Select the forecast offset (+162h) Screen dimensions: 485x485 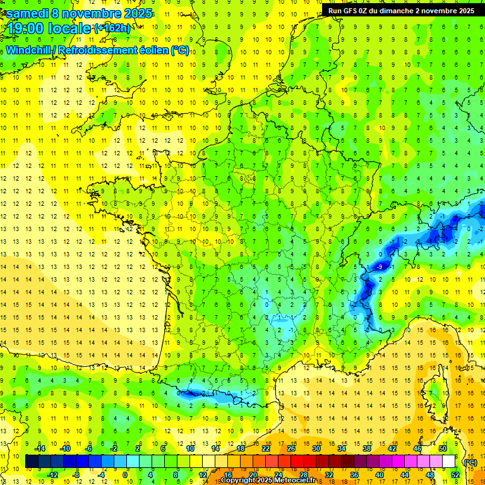pyautogui.click(x=112, y=28)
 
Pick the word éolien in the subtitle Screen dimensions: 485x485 pyautogui.click(x=155, y=50)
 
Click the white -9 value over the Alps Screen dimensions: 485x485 pyautogui.click(x=380, y=267)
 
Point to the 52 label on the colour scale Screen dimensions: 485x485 pyautogui.click(x=455, y=474)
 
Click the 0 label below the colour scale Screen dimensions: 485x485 pyautogui.click(x=125, y=474)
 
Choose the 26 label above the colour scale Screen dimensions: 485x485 pyautogui.click(x=291, y=448)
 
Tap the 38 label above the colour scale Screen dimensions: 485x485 pyautogui.click(x=367, y=448)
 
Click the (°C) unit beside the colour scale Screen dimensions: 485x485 pyautogui.click(x=470, y=462)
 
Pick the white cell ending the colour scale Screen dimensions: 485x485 pyautogui.click(x=448, y=462)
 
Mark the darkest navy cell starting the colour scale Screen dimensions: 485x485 pyautogui.click(x=32, y=462)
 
